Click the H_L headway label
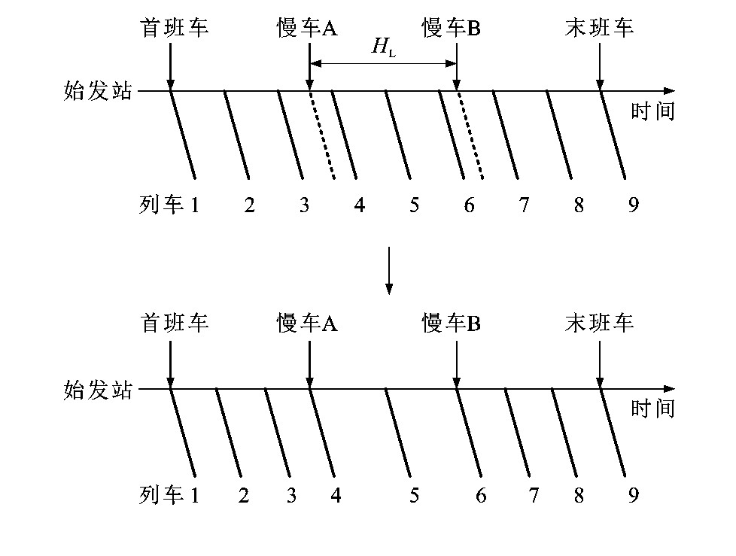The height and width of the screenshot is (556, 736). tap(384, 47)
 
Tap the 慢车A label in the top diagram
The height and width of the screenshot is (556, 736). tap(307, 27)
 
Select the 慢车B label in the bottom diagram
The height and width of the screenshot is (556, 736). tap(451, 323)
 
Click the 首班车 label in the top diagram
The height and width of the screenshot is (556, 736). tap(174, 27)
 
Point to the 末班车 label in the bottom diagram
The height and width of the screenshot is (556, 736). tap(599, 323)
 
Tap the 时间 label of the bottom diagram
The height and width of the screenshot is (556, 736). tap(652, 409)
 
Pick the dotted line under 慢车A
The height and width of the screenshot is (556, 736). tap(322, 135)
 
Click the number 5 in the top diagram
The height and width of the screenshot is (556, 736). tap(414, 205)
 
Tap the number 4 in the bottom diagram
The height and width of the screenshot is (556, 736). tap(336, 495)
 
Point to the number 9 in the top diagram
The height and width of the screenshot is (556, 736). tap(634, 205)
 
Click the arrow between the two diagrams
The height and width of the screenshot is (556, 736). tap(388, 270)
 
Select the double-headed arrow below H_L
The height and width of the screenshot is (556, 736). tap(383, 63)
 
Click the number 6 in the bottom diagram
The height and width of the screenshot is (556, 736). tap(481, 495)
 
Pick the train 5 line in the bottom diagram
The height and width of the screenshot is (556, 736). tap(398, 433)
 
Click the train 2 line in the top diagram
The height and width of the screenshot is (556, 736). tap(236, 135)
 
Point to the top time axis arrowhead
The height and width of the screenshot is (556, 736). tap(669, 90)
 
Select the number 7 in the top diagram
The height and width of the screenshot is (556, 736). tap(524, 205)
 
